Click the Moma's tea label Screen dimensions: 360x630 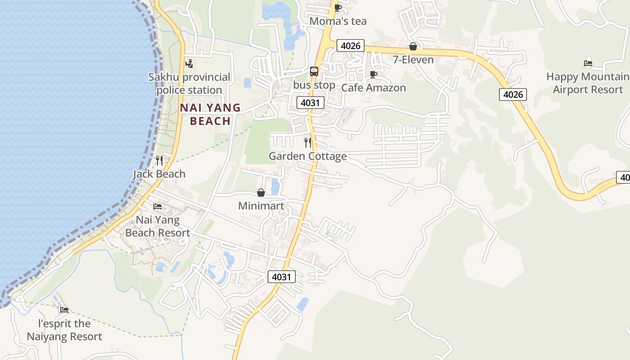pos(338,21)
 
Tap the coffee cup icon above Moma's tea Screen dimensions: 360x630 pos(337,7)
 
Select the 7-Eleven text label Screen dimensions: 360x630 pos(413,60)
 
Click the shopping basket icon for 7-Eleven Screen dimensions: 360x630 pos(413,46)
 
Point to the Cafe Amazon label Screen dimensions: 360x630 pos(373,88)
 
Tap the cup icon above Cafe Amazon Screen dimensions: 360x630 pos(373,74)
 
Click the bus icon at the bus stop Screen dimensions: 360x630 pos(314,71)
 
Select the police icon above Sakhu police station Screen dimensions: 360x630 pos(189,63)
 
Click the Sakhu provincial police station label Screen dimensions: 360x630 pos(189,84)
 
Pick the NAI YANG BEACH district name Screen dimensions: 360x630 pos(211,114)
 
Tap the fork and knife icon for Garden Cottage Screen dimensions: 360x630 pos(308,143)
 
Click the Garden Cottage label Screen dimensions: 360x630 pos(308,156)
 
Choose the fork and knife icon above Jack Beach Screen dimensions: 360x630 pos(159,161)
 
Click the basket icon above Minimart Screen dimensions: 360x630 pos(261,193)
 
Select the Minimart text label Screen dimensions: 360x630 pos(261,206)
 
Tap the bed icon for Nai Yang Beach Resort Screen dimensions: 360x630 pos(157,207)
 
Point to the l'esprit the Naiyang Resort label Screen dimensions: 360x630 pos(64,330)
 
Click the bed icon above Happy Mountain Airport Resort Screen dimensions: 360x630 pos(588,63)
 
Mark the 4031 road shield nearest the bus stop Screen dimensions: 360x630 pos(310,103)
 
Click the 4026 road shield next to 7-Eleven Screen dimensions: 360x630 pos(351,45)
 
